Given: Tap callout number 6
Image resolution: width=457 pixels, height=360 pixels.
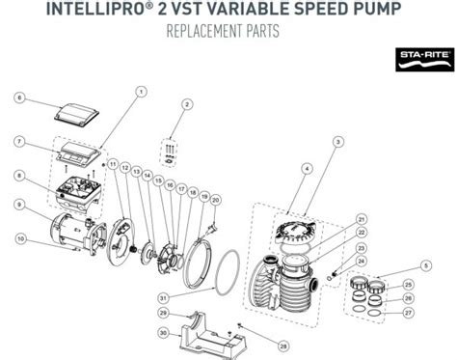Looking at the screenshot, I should pos(18,97).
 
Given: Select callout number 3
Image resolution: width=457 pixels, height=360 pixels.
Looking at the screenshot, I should pos(337,142).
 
